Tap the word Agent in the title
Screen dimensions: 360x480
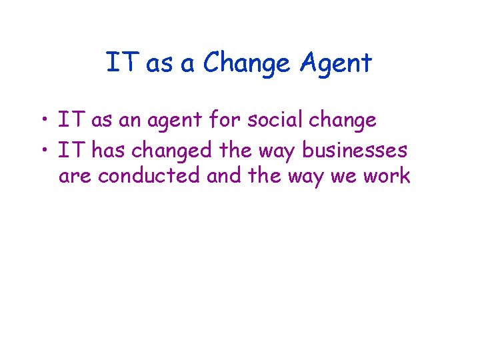click(x=335, y=64)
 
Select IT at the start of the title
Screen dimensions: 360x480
click(x=121, y=63)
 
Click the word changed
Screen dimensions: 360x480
click(x=173, y=151)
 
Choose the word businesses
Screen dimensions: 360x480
click(x=354, y=151)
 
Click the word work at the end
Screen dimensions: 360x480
click(x=387, y=177)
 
